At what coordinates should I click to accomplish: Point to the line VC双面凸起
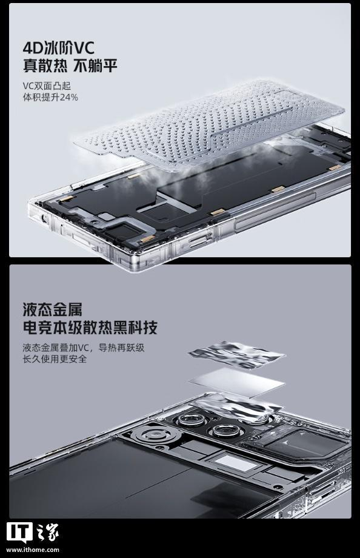pyautogui.click(x=47, y=86)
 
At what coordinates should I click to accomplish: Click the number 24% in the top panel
pyautogui.click(x=68, y=97)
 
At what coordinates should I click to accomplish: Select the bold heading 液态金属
pyautogui.click(x=52, y=309)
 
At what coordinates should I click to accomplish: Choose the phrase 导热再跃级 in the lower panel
pyautogui.click(x=121, y=348)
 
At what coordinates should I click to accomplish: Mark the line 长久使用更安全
pyautogui.click(x=55, y=358)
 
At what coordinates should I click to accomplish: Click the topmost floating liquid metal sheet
pyautogui.click(x=236, y=354)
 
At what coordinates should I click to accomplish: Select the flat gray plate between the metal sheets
pyautogui.click(x=236, y=383)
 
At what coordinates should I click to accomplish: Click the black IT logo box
pyautogui.click(x=19, y=533)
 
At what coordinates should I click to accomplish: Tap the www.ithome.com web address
pyautogui.click(x=33, y=550)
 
